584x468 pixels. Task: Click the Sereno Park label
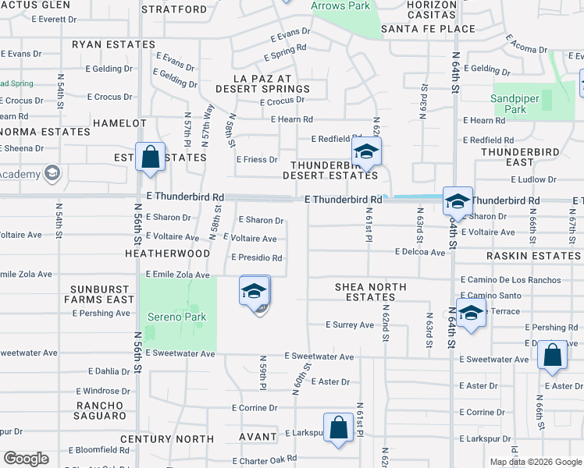coord(177,317)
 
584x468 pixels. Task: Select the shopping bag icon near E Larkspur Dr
coord(339,428)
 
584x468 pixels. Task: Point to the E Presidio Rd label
coord(256,258)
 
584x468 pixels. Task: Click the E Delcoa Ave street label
coord(419,252)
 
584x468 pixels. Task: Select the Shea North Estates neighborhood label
coord(371,292)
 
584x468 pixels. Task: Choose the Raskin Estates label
coord(534,256)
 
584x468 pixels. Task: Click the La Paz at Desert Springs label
coord(271,84)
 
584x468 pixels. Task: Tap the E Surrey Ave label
coord(350,324)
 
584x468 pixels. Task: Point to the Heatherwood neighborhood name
coord(167,253)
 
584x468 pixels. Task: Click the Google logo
coord(26,458)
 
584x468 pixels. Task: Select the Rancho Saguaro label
coord(100,410)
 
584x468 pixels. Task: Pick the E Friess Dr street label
coord(257,159)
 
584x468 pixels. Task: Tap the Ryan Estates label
coord(114,44)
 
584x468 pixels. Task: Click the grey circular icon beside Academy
coord(53,172)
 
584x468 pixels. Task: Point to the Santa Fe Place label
coord(428,29)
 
